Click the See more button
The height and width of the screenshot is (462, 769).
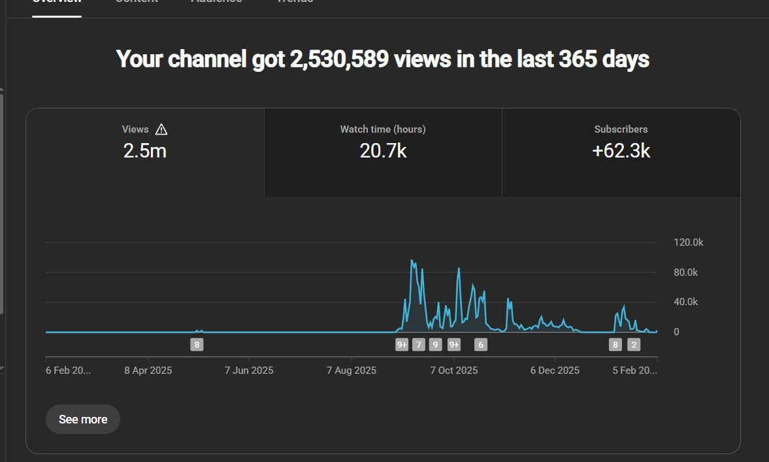[83, 420]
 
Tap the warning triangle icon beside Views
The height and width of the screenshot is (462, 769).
[161, 129]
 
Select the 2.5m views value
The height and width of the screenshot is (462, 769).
[145, 152]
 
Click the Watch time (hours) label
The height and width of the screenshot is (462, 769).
[383, 129]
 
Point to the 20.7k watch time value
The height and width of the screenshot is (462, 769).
[383, 152]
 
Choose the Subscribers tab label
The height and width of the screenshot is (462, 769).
[621, 129]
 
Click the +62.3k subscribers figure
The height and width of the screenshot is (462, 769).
[621, 152]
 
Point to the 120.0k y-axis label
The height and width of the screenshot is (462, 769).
[689, 242]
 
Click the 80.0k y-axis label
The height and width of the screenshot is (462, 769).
[686, 272]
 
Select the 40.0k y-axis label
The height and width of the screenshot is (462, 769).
[686, 302]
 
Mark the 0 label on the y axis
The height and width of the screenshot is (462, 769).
[677, 332]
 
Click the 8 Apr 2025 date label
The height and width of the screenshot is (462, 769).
[148, 371]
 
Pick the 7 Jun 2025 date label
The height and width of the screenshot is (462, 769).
[249, 371]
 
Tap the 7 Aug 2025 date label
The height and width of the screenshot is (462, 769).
[352, 371]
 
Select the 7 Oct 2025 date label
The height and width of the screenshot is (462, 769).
[453, 371]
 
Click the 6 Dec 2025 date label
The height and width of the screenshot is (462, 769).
[555, 371]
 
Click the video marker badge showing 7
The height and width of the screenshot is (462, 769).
[419, 345]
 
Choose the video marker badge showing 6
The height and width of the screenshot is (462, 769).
[481, 345]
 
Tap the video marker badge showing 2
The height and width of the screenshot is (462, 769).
[634, 345]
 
